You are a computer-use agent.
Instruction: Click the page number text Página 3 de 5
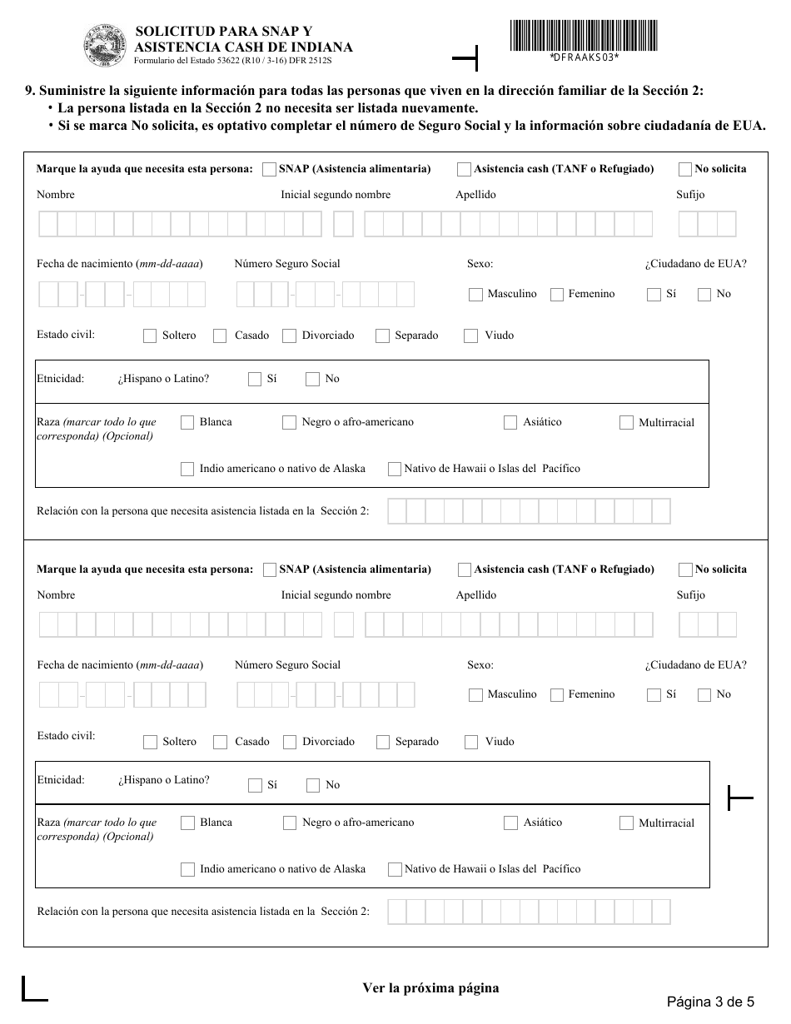(x=710, y=1002)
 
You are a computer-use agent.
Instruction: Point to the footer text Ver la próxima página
(x=430, y=988)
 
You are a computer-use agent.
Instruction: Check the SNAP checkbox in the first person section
(x=269, y=170)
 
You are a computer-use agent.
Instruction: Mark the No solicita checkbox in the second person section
(x=685, y=570)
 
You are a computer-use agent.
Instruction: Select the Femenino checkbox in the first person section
(x=557, y=295)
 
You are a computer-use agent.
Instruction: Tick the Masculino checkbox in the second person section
(x=475, y=695)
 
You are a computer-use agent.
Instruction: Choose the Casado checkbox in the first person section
(x=220, y=336)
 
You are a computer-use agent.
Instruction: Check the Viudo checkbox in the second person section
(x=471, y=743)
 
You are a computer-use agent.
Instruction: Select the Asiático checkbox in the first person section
(x=510, y=423)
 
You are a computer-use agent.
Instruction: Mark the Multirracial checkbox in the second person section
(x=626, y=823)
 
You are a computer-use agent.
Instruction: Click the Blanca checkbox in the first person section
(x=187, y=423)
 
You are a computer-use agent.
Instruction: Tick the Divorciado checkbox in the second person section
(x=290, y=743)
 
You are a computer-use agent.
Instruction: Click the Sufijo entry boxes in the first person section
(x=707, y=225)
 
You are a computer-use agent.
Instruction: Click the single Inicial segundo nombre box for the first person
(x=343, y=225)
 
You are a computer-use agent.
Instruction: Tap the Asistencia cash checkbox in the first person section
(x=464, y=170)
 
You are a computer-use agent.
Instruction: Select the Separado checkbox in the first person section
(x=382, y=336)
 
